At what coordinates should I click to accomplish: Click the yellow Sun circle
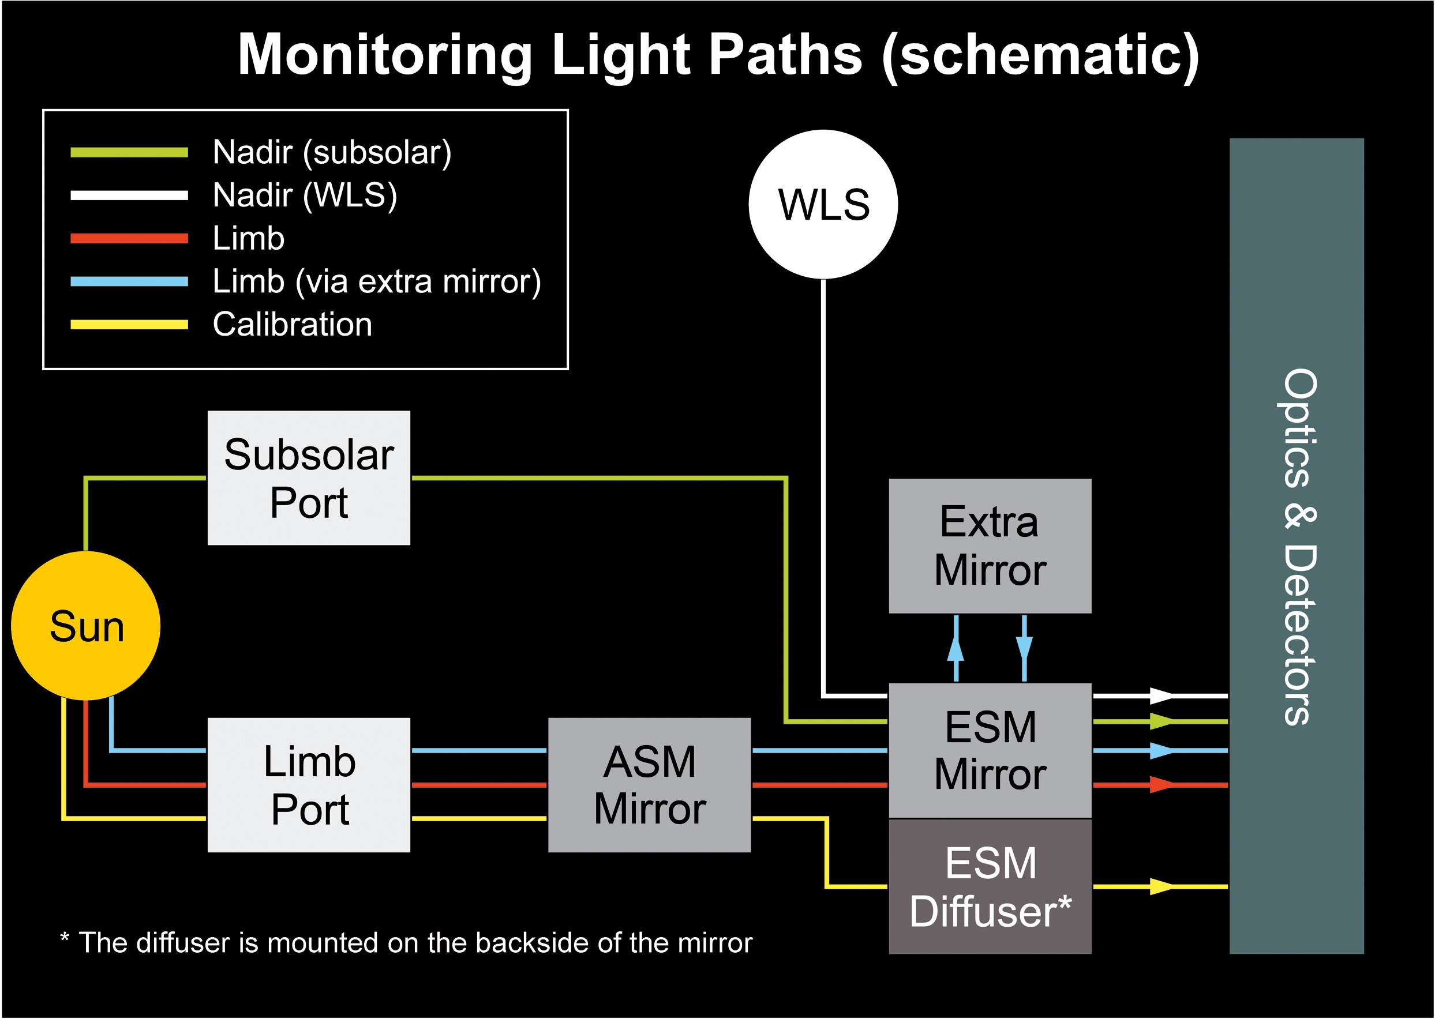pyautogui.click(x=86, y=626)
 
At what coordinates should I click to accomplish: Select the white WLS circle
pyautogui.click(x=823, y=205)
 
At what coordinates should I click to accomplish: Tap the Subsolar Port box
pyautogui.click(x=309, y=477)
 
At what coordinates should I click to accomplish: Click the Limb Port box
pyautogui.click(x=309, y=784)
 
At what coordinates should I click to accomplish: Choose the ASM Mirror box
pyautogui.click(x=649, y=784)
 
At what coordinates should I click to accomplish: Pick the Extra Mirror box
pyautogui.click(x=990, y=546)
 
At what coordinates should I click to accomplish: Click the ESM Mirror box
pyautogui.click(x=990, y=750)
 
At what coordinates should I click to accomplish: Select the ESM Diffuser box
pyautogui.click(x=990, y=886)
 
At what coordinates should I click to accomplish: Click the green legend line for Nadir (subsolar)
pyautogui.click(x=129, y=152)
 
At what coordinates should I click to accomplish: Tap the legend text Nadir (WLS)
pyautogui.click(x=305, y=195)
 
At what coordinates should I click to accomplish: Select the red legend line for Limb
pyautogui.click(x=129, y=238)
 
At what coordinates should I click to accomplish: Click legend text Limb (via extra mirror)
pyautogui.click(x=377, y=281)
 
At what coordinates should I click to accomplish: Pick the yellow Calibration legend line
pyautogui.click(x=129, y=325)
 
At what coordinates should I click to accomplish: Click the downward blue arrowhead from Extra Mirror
pyautogui.click(x=1024, y=648)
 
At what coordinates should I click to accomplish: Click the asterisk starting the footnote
pyautogui.click(x=64, y=938)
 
